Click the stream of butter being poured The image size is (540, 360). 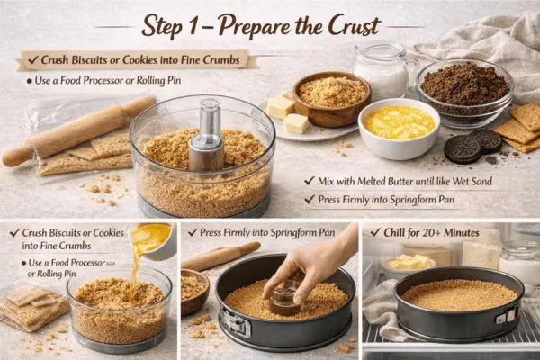pyautogui.click(x=138, y=261)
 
